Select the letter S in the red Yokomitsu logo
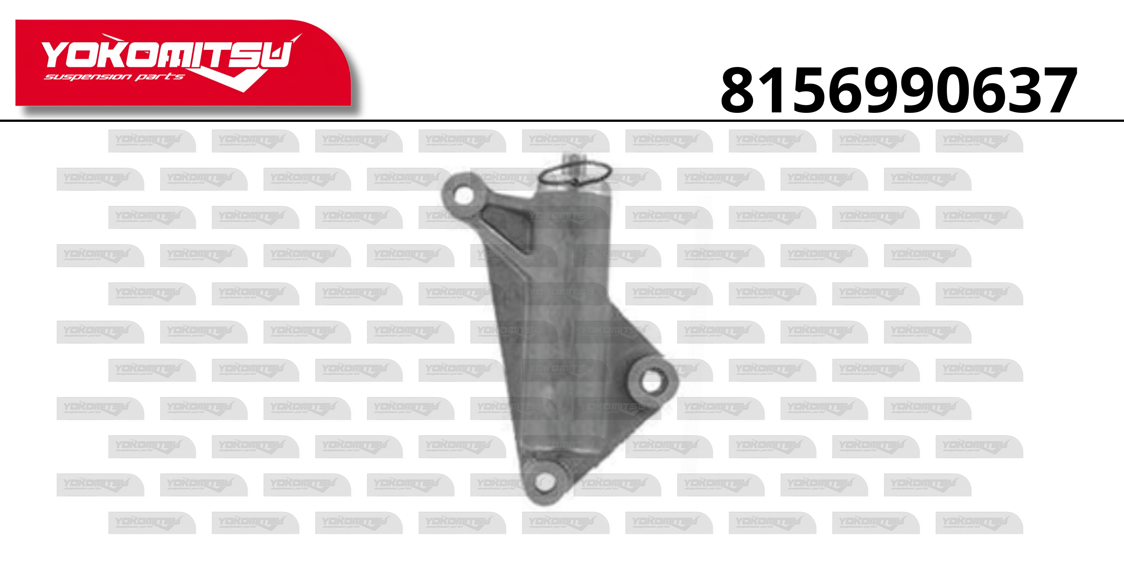(x=245, y=54)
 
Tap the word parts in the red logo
(x=160, y=77)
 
